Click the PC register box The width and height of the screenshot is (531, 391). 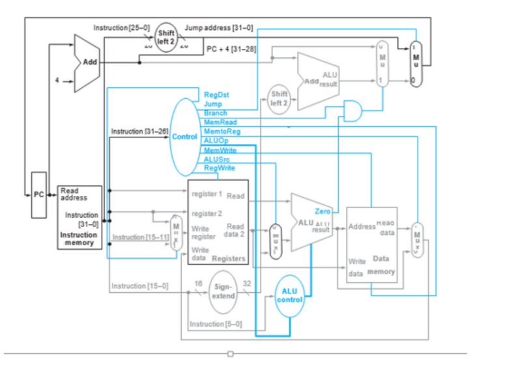(39, 194)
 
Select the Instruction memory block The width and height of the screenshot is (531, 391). (80, 217)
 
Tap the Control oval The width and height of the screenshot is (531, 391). (184, 137)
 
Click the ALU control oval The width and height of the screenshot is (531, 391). (289, 295)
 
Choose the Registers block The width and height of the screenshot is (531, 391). (218, 222)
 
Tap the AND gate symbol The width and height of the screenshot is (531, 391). (352, 111)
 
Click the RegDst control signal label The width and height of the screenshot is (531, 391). (216, 95)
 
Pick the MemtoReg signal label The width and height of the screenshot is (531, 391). (222, 131)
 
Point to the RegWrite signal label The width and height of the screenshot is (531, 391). (219, 168)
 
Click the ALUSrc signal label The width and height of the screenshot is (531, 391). (216, 159)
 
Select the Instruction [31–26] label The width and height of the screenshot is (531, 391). (139, 131)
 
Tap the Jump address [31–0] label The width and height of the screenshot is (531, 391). (218, 29)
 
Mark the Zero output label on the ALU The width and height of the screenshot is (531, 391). (323, 211)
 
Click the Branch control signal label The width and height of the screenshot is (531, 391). (216, 113)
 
